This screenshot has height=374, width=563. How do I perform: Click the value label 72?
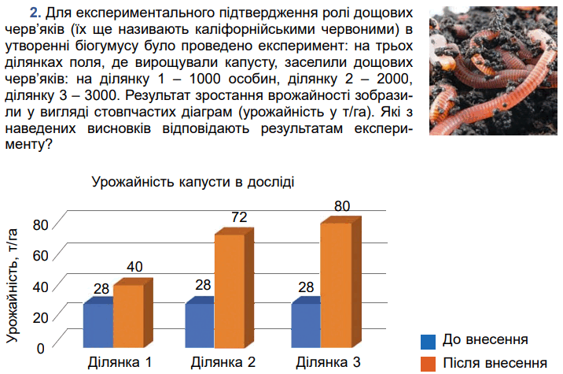[x=239, y=217]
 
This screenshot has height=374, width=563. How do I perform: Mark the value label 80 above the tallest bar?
[x=342, y=206]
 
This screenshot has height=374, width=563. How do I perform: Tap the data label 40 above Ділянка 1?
[x=134, y=267]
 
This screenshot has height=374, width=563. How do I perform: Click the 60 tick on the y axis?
[x=40, y=256]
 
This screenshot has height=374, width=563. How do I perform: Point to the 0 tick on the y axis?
[x=41, y=348]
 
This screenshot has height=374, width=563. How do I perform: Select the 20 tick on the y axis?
[x=40, y=317]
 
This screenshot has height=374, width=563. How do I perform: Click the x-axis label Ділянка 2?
[x=223, y=362]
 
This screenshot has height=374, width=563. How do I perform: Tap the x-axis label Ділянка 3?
[x=328, y=362]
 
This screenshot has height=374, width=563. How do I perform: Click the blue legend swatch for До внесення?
[x=428, y=342]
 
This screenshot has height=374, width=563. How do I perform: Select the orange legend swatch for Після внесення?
[x=428, y=364]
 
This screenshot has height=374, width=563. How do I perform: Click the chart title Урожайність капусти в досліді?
[x=193, y=182]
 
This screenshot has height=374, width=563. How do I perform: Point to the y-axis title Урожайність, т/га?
[x=13, y=286]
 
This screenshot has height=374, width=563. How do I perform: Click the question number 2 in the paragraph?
[x=35, y=13]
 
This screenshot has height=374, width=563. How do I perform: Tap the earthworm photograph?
[x=493, y=71]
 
